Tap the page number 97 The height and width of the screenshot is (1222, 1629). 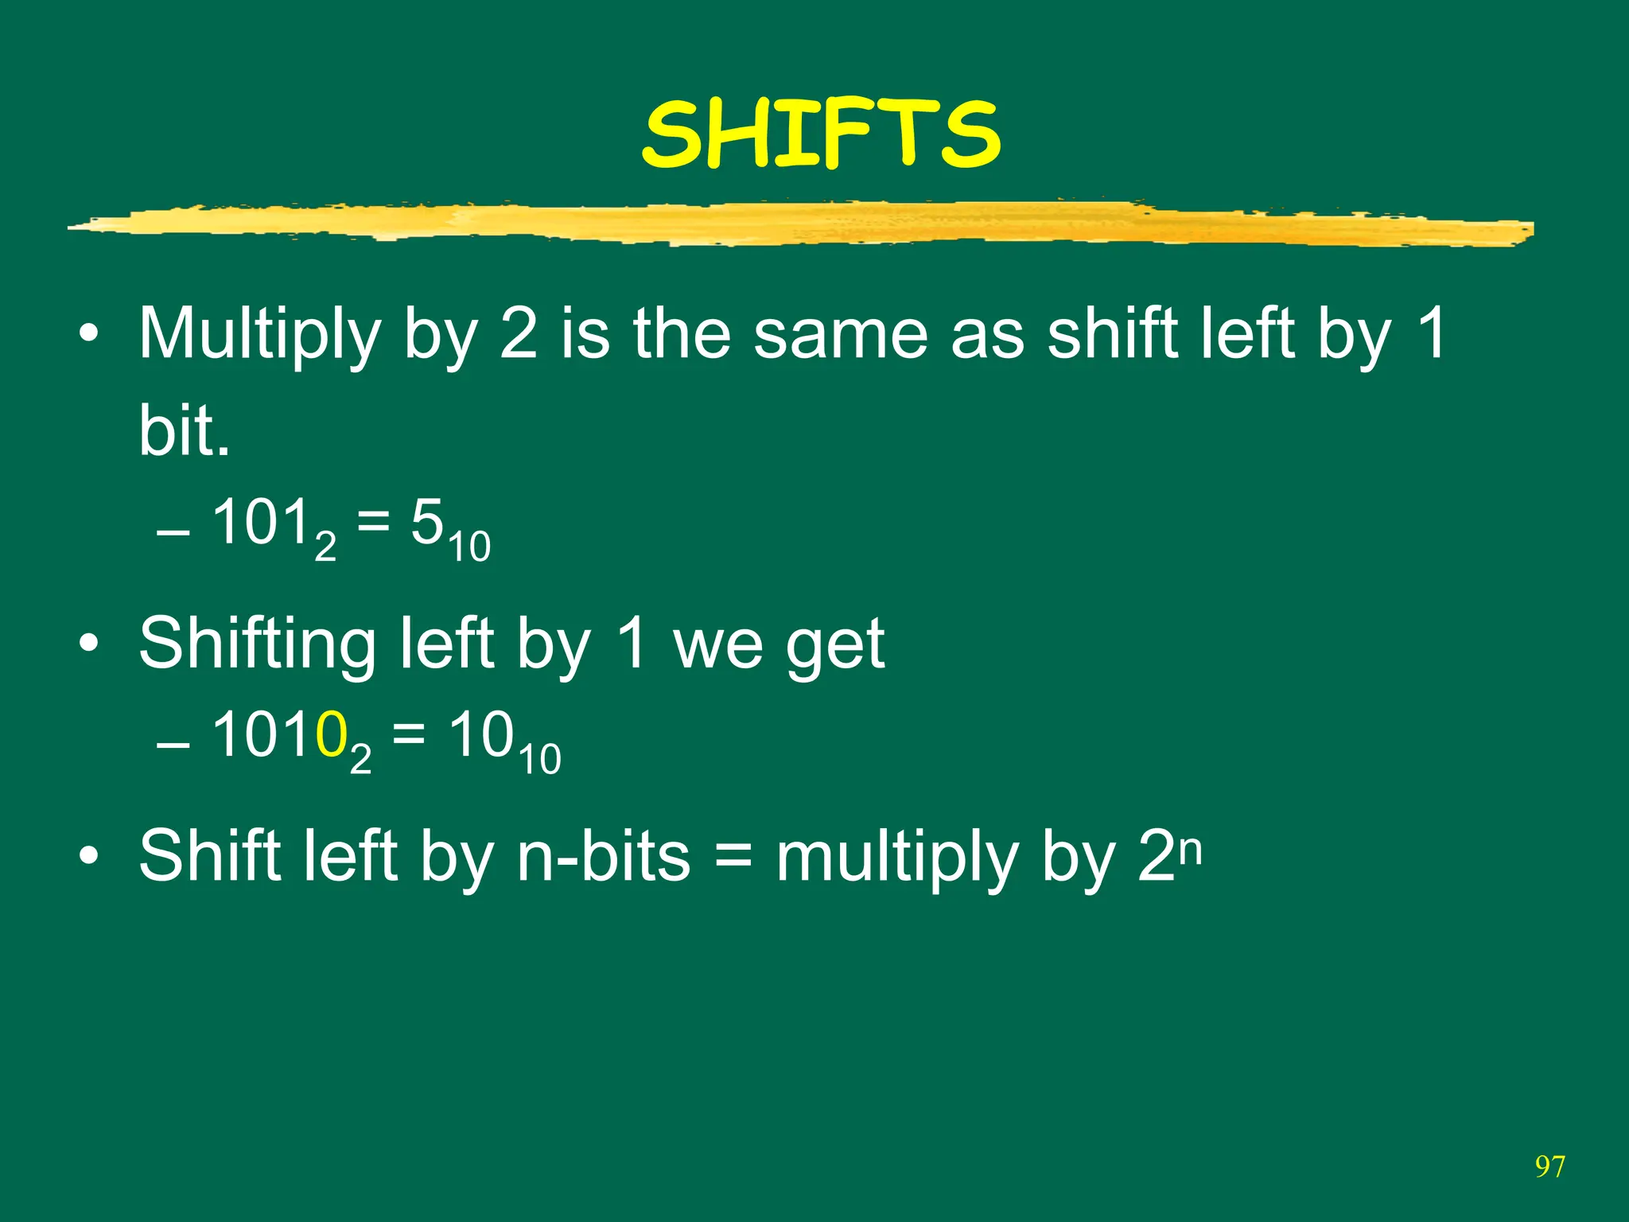click(1549, 1167)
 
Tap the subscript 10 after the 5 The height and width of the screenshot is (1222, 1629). click(469, 547)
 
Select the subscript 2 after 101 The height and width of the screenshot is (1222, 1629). click(325, 547)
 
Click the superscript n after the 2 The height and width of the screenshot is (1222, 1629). click(1190, 850)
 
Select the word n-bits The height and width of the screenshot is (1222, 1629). click(604, 857)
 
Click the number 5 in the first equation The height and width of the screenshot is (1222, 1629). click(426, 523)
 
